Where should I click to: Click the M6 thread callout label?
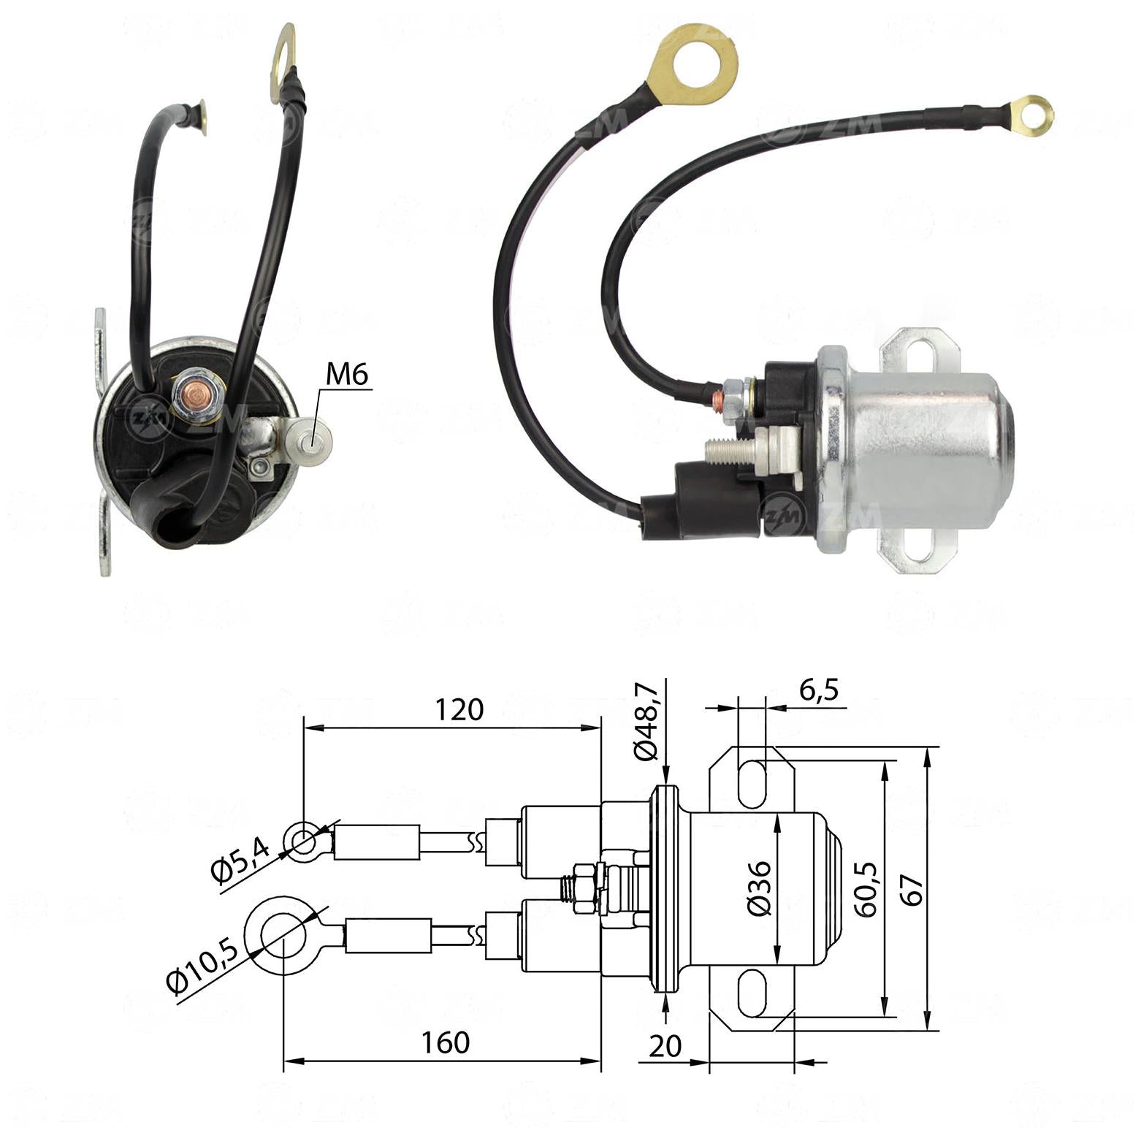coord(347,375)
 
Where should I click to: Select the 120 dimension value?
coord(459,709)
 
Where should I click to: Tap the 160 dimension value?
coord(446,1042)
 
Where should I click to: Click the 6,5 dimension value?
coord(819,690)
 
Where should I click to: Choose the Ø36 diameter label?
coord(760,888)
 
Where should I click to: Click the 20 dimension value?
coord(665,1046)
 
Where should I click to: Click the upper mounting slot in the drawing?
coord(752,784)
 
